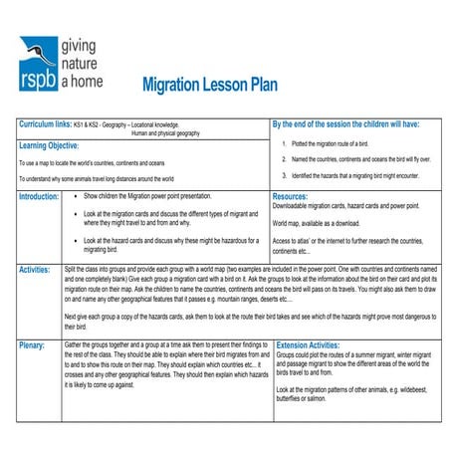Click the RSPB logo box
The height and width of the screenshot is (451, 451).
click(37, 61)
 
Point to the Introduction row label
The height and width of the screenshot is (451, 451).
click(39, 197)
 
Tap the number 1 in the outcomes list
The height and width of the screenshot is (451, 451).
click(284, 143)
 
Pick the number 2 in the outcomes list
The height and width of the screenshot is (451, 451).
click(284, 159)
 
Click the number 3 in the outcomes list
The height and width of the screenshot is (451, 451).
click(284, 175)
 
